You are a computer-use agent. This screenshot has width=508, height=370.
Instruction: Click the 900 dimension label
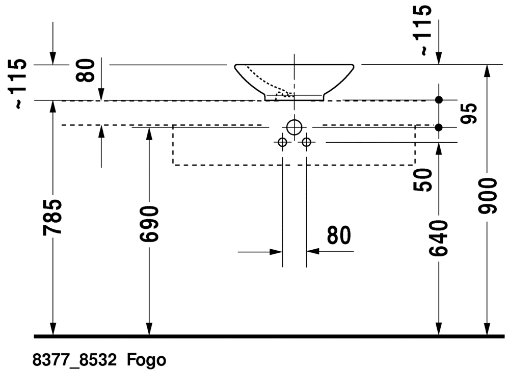pos(488,196)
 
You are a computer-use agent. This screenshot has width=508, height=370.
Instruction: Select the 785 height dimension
pos(52,217)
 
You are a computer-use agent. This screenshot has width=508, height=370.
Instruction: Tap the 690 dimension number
pos(149,224)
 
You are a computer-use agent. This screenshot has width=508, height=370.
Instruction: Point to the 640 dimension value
pos(438,238)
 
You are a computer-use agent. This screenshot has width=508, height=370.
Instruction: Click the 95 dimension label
pos(469,114)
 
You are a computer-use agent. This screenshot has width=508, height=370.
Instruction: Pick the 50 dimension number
pos(423,180)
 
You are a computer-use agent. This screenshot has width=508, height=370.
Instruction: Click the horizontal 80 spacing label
pos(339,235)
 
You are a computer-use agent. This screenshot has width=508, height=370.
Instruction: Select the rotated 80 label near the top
pos(85,70)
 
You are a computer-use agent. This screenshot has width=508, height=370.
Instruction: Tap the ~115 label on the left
pos(16,84)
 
